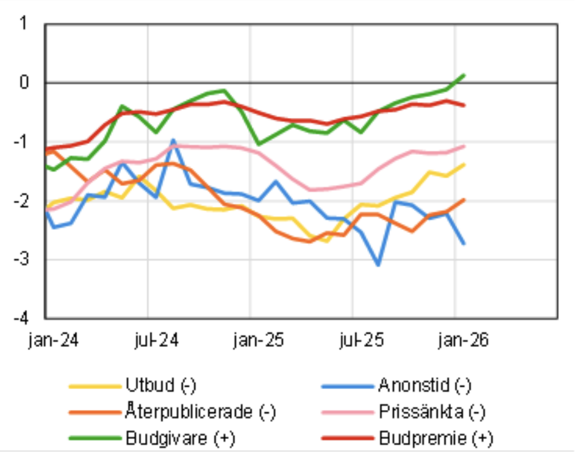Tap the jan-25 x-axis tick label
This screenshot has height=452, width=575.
[x=258, y=340]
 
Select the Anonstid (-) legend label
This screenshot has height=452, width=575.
[x=424, y=387]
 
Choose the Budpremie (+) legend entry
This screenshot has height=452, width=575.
[x=436, y=438]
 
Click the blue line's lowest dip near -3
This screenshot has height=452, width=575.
[x=378, y=265]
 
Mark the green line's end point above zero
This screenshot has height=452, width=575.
[x=463, y=75]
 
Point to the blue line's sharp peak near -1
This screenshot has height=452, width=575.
[x=173, y=140]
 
